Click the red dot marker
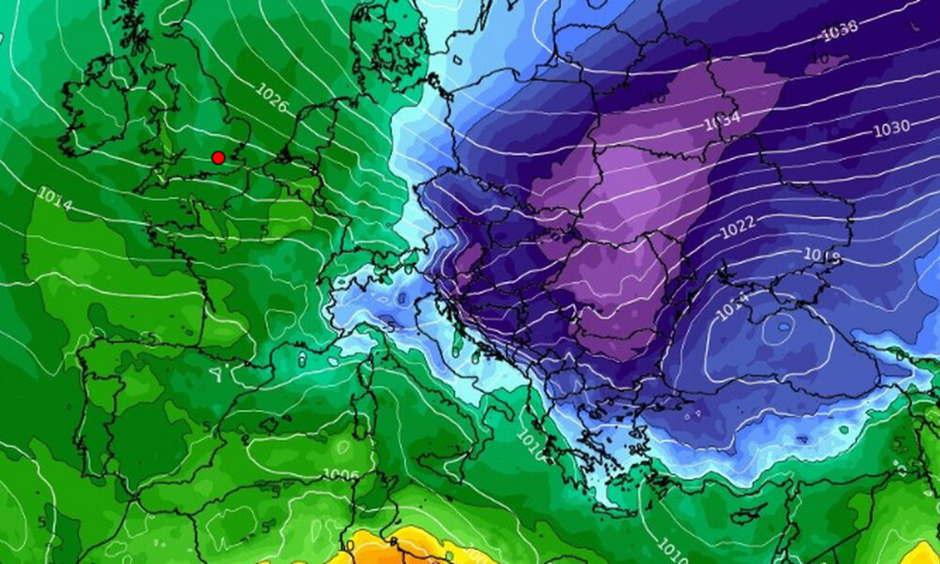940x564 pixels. [x=218, y=158]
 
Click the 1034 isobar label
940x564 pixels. [x=722, y=120]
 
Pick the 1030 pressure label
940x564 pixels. [x=891, y=127]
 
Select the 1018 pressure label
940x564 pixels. [x=822, y=255]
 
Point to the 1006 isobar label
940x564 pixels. [x=340, y=476]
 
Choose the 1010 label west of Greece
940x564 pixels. [x=532, y=448]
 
